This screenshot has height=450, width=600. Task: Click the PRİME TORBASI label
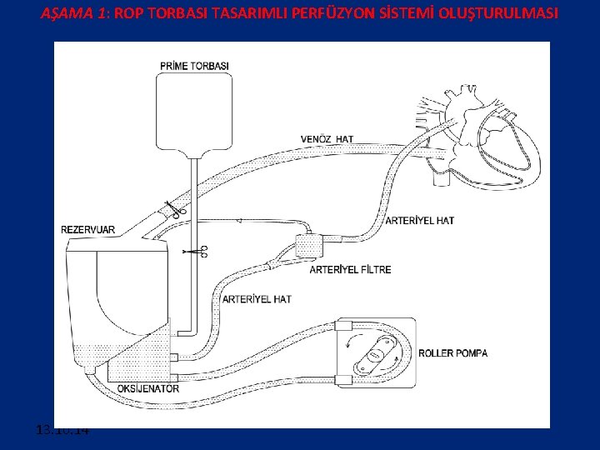[x=194, y=66]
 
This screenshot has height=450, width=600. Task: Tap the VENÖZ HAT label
[x=327, y=138]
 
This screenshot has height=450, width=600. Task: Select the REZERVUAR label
[x=88, y=229]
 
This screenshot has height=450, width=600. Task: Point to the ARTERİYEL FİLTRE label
[x=350, y=269]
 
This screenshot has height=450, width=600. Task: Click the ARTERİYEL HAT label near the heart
[x=421, y=221]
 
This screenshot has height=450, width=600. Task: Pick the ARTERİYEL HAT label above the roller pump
[x=257, y=298]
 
